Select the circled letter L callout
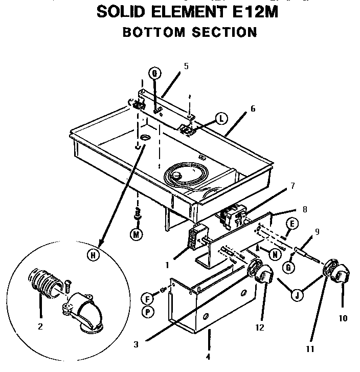click(x=220, y=119)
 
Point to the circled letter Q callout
click(x=154, y=73)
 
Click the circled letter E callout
click(x=292, y=223)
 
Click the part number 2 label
click(x=40, y=326)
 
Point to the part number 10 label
click(x=343, y=318)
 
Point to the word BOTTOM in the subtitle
click(x=153, y=32)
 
